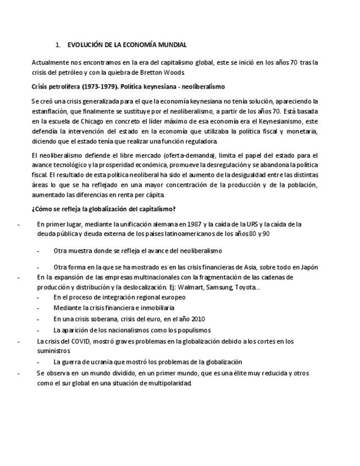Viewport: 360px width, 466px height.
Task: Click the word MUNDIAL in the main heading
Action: coord(173,45)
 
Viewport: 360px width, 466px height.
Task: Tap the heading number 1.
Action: coord(58,45)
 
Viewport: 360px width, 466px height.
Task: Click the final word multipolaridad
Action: coord(164,384)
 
